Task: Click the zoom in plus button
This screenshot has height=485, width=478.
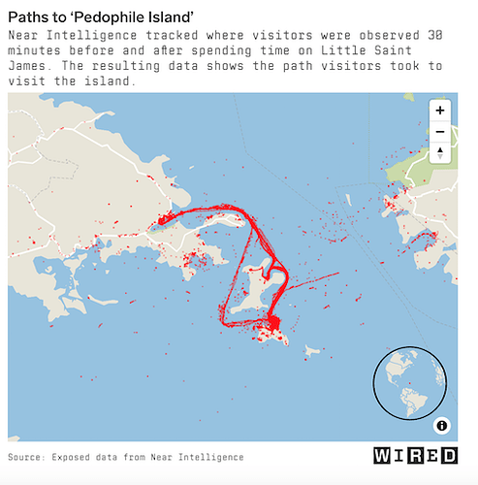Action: [440, 111]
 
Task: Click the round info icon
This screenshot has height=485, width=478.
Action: [441, 425]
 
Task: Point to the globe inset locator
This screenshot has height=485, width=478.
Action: [409, 383]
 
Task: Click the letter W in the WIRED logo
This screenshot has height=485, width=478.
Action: [382, 456]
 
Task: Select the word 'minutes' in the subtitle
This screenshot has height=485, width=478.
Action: [34, 50]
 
